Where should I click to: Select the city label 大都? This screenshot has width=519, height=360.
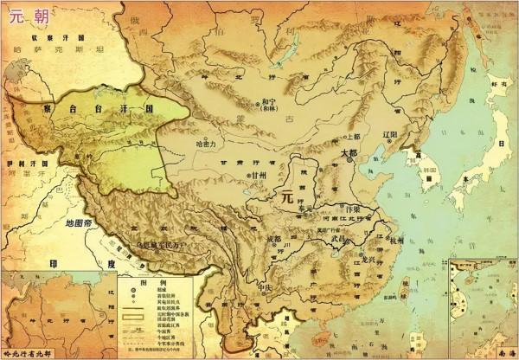[x=349, y=152]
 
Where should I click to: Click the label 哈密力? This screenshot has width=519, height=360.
[x=211, y=144]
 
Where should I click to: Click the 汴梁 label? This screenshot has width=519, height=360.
[x=350, y=210]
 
